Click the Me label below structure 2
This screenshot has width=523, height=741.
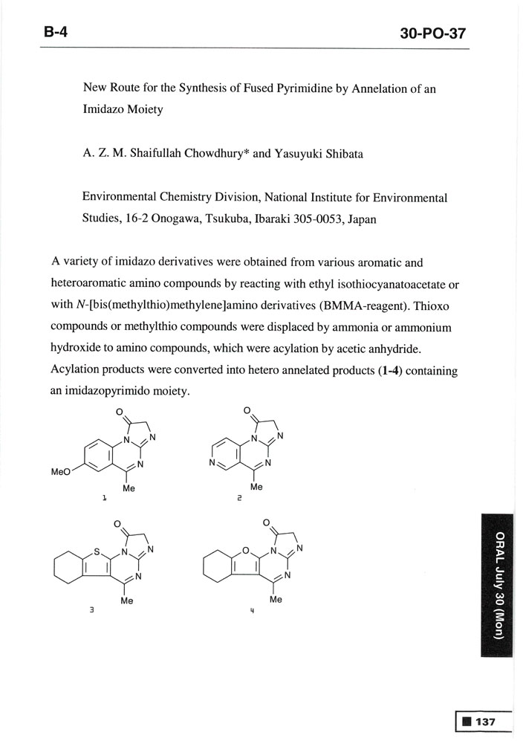pos(256,488)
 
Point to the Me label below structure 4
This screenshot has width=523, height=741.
pos(276,598)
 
